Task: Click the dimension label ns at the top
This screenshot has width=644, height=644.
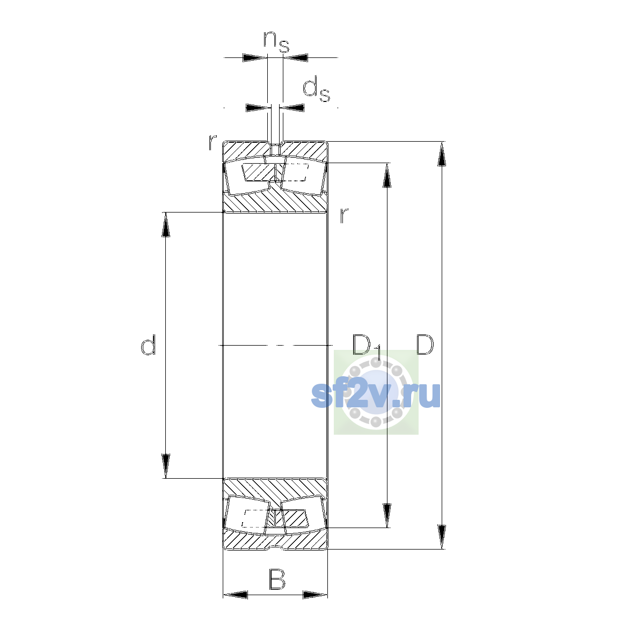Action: [276, 42]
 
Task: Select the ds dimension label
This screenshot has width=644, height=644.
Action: [316, 89]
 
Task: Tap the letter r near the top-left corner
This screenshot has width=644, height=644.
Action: [212, 142]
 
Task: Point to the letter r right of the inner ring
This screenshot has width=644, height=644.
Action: [343, 216]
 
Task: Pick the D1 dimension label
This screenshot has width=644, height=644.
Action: [367, 347]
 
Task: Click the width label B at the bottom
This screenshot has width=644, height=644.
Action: [277, 579]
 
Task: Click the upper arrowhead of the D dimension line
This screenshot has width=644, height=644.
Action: [442, 153]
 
